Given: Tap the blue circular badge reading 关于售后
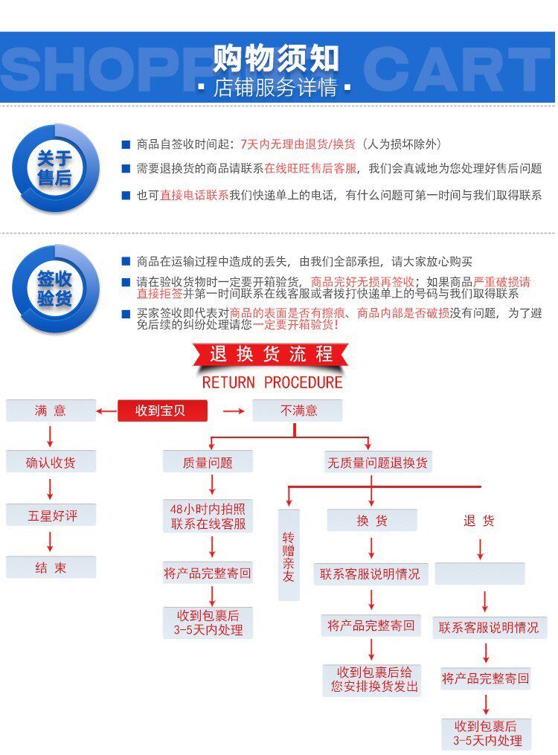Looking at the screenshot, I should tap(55, 167).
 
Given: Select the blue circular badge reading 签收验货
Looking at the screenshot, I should tap(55, 288).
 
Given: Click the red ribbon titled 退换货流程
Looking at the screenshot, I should tap(271, 354).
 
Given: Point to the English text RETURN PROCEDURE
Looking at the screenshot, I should tap(272, 383).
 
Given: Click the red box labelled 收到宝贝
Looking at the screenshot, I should tap(161, 411).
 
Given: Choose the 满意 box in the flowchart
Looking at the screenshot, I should tap(51, 411).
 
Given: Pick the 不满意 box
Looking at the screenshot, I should tap(298, 411).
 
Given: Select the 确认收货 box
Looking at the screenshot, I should tap(51, 463).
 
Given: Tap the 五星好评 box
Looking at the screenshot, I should tap(51, 515).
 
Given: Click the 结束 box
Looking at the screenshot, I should tap(51, 568).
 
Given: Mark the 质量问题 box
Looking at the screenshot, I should tap(208, 463).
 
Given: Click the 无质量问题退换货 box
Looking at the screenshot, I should tap(377, 463).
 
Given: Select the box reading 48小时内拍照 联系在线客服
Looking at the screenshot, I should tap(208, 516).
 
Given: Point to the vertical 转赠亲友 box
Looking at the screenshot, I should tap(289, 554).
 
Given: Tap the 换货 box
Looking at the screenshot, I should tap(372, 521).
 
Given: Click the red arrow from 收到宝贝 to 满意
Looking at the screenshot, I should tap(107, 411).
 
